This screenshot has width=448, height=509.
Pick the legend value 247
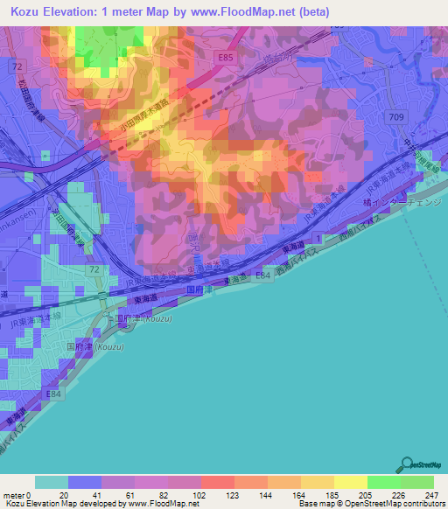[x=428, y=494]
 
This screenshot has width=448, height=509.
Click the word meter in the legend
[x=13, y=494]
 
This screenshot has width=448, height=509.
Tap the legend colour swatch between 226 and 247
[x=416, y=482]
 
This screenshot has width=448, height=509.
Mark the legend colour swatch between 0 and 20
[x=51, y=482]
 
